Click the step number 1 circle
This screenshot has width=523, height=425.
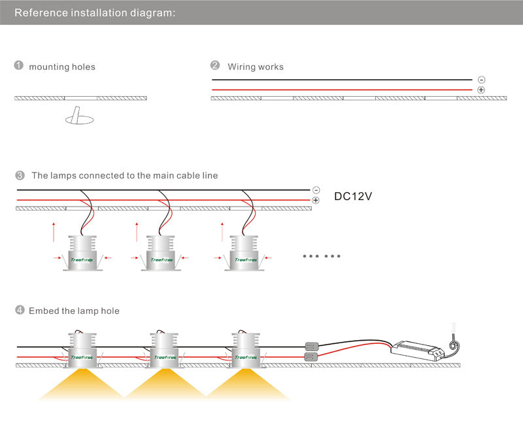(x=19, y=66)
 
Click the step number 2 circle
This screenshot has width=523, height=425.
(x=215, y=66)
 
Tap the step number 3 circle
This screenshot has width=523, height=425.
(x=19, y=175)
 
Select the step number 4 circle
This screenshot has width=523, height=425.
(x=19, y=311)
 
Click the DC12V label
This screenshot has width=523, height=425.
(x=353, y=195)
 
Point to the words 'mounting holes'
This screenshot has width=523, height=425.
(x=62, y=67)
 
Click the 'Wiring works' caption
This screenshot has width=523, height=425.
(x=256, y=67)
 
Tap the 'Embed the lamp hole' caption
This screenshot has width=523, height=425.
(x=74, y=311)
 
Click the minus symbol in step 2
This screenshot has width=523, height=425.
(x=481, y=80)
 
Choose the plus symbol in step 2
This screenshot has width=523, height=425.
(x=481, y=90)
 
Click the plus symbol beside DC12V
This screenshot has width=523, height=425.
(x=316, y=200)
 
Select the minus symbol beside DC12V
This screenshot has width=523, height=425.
(x=316, y=190)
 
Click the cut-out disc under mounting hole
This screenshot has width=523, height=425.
(x=80, y=119)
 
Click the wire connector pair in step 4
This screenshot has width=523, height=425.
(x=312, y=351)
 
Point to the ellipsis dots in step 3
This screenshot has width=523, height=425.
(x=322, y=256)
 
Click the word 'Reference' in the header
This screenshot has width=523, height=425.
(x=41, y=12)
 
